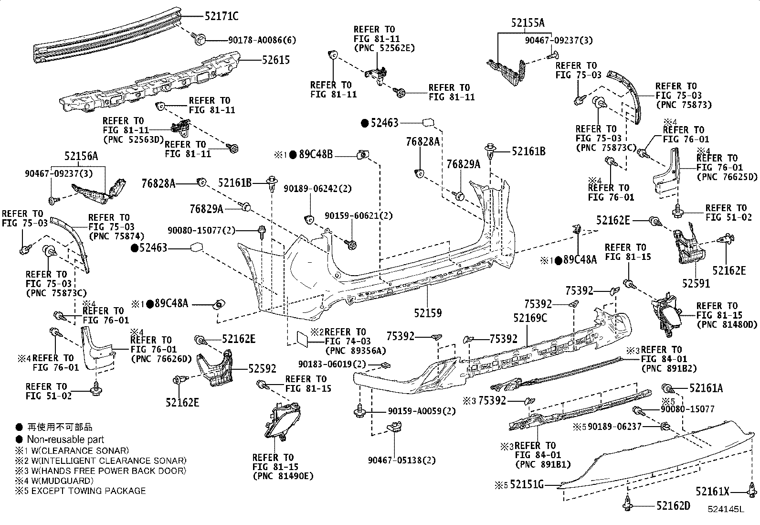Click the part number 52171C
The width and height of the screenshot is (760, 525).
click(x=221, y=16)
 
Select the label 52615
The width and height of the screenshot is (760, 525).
click(x=275, y=61)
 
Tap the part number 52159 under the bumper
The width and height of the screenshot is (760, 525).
click(x=428, y=313)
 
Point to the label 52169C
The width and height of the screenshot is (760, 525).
click(x=530, y=318)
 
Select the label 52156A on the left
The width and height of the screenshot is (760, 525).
click(x=81, y=156)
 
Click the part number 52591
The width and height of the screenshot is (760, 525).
click(x=696, y=283)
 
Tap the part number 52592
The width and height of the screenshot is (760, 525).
click(x=262, y=369)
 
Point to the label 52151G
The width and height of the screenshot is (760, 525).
click(x=527, y=485)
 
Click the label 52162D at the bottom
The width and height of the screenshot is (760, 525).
click(x=673, y=506)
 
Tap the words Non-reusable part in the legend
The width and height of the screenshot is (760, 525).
click(x=65, y=439)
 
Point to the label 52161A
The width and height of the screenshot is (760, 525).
click(x=706, y=388)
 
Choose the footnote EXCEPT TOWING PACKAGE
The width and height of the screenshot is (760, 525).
click(x=88, y=491)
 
